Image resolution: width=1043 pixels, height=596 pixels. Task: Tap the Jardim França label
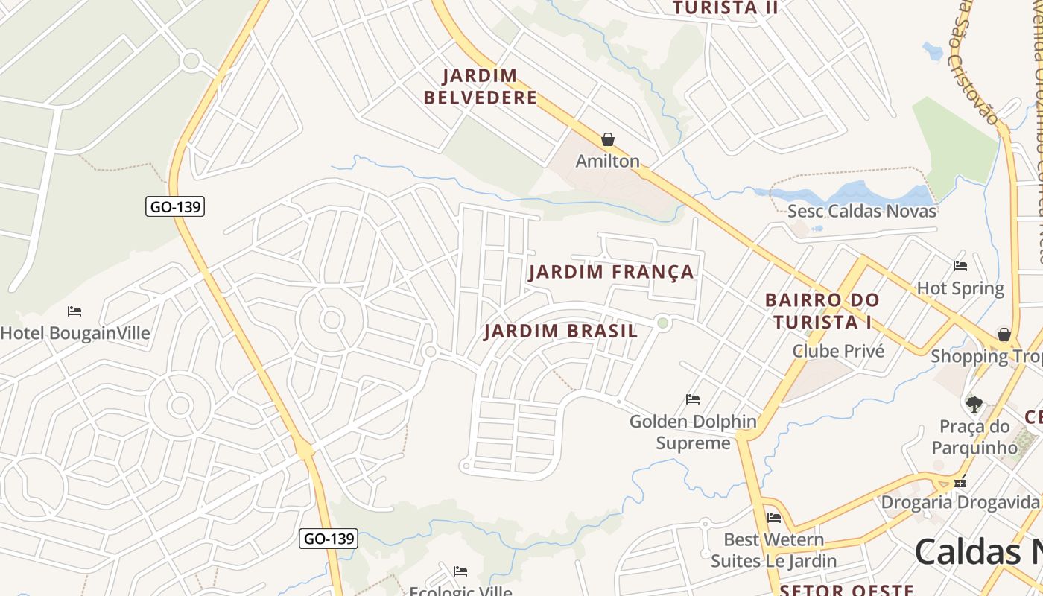pyautogui.click(x=611, y=272)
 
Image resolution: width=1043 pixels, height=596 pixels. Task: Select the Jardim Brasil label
pyautogui.click(x=560, y=332)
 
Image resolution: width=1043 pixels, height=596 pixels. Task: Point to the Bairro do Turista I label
pyautogui.click(x=822, y=311)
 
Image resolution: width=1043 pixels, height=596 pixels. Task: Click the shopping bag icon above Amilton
pyautogui.click(x=608, y=139)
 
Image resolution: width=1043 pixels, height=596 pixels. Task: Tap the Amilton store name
pyautogui.click(x=608, y=161)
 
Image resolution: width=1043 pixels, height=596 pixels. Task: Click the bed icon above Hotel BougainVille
pyautogui.click(x=74, y=311)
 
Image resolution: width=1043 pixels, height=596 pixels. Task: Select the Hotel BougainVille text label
pyautogui.click(x=75, y=333)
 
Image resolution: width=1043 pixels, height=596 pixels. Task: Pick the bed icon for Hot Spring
pyautogui.click(x=960, y=265)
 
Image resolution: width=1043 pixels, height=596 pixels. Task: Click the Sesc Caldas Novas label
pyautogui.click(x=861, y=211)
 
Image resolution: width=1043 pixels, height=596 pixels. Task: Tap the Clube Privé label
pyautogui.click(x=838, y=351)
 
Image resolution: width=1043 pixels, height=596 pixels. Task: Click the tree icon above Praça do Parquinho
pyautogui.click(x=974, y=405)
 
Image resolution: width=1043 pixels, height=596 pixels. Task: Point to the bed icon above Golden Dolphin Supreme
pyautogui.click(x=693, y=399)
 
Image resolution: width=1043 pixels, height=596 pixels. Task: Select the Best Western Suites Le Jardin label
pyautogui.click(x=773, y=550)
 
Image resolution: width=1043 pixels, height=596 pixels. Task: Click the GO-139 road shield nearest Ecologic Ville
pyautogui.click(x=329, y=538)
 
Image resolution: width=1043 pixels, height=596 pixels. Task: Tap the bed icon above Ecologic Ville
pyautogui.click(x=460, y=571)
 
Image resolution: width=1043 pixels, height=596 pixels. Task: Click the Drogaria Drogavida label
pyautogui.click(x=961, y=501)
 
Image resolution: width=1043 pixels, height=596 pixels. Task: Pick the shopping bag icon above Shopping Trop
pyautogui.click(x=1004, y=335)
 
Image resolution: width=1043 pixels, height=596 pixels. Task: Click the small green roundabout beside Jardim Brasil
pyautogui.click(x=662, y=323)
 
